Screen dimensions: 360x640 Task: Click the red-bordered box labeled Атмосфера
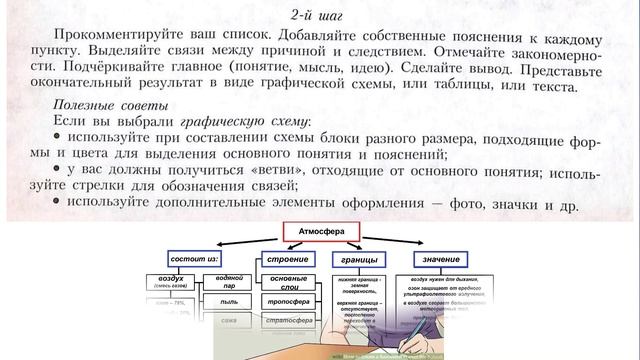[321, 232]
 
